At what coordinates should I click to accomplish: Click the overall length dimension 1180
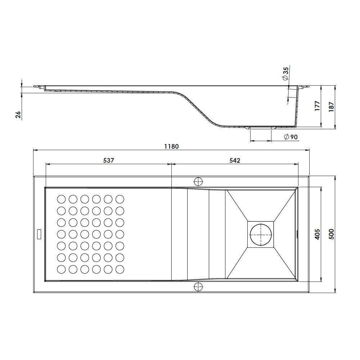pyautogui.click(x=171, y=146)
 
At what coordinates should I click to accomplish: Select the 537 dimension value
pyautogui.click(x=108, y=160)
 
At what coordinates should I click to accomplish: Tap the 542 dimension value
pyautogui.click(x=235, y=160)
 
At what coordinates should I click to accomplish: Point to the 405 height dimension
pyautogui.click(x=317, y=234)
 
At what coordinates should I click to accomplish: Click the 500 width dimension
pyautogui.click(x=331, y=234)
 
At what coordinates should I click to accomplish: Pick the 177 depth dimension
pyautogui.click(x=317, y=106)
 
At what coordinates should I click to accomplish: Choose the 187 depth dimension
pyautogui.click(x=331, y=107)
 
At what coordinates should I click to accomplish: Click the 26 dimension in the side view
pyautogui.click(x=18, y=115)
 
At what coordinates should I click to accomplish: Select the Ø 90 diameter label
pyautogui.click(x=291, y=137)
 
